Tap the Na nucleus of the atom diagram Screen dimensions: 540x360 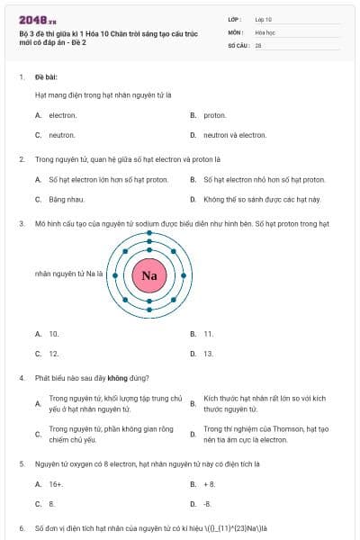point(149,274)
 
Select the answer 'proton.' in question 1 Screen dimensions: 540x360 point(214,115)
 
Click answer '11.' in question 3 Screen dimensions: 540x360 point(208,333)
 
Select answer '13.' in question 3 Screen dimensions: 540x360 point(208,354)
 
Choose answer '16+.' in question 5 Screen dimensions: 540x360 point(56,483)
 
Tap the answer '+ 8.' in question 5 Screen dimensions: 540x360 point(209,483)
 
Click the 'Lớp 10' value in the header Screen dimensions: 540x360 point(264,19)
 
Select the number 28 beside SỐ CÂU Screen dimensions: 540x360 point(258,44)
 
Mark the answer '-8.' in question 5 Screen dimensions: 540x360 point(207,503)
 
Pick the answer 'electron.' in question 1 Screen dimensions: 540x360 point(62,115)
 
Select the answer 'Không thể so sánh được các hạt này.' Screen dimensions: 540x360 point(261,199)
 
